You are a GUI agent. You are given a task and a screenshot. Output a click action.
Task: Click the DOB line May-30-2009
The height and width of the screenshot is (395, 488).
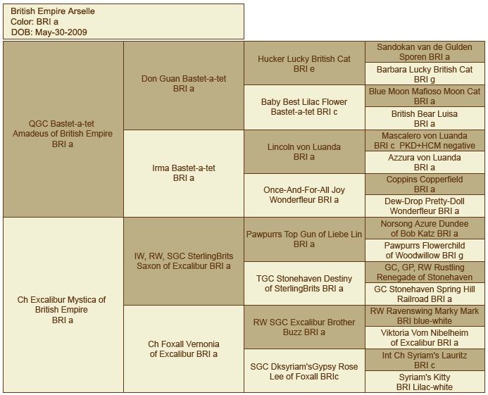pyautogui.click(x=49, y=32)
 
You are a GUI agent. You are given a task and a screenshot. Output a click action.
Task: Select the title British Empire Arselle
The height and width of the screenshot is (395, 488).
pyautogui.click(x=53, y=11)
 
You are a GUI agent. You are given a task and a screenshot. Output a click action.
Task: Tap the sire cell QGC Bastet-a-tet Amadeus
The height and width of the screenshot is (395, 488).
pyautogui.click(x=63, y=129)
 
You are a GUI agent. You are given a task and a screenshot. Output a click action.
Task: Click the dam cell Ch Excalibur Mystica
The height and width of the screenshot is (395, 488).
pyautogui.click(x=63, y=305)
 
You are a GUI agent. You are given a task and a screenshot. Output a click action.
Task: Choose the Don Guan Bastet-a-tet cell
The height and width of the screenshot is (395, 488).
pyautogui.click(x=184, y=85)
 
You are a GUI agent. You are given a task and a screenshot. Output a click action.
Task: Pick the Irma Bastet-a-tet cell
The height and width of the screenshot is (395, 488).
pyautogui.click(x=184, y=173)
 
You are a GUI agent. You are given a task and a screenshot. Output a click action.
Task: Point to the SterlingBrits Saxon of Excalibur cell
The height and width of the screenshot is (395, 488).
pyautogui.click(x=184, y=261)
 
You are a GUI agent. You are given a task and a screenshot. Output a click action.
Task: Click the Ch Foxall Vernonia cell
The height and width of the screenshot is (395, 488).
pyautogui.click(x=184, y=349)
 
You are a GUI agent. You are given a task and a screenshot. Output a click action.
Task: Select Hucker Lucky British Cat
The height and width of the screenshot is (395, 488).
pyautogui.click(x=304, y=63)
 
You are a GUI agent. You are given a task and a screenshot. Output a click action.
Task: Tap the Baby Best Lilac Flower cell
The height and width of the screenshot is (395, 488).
pyautogui.click(x=304, y=108)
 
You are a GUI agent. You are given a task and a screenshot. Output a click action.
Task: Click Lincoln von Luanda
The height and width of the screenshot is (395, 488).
pyautogui.click(x=304, y=151)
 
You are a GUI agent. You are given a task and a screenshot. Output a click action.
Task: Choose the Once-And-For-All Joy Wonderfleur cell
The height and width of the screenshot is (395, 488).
pyautogui.click(x=304, y=196)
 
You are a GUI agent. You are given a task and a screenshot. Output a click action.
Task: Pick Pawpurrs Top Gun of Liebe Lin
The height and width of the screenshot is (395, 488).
pyautogui.click(x=304, y=239)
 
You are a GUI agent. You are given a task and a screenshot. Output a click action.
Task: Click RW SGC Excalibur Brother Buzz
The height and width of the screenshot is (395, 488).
pyautogui.click(x=304, y=327)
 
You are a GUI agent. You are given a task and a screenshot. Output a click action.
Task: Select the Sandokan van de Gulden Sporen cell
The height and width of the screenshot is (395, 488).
pyautogui.click(x=425, y=51)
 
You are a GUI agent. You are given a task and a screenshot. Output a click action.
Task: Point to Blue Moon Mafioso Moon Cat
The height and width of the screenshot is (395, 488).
pyautogui.click(x=425, y=96)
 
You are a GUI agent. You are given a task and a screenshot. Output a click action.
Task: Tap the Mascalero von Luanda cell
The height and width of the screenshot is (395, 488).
pyautogui.click(x=425, y=140)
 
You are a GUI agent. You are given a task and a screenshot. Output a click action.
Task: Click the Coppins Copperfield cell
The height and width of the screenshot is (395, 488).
pyautogui.click(x=425, y=184)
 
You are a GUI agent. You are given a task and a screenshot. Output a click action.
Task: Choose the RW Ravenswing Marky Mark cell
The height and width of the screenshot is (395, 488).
pyautogui.click(x=425, y=316)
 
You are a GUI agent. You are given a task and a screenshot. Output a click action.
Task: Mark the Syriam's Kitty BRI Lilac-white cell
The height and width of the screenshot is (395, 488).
pyautogui.click(x=425, y=382)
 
